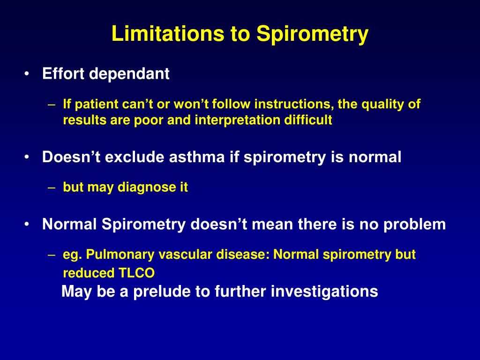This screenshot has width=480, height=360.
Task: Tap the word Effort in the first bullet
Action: (64, 74)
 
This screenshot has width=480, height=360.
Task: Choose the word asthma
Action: (197, 157)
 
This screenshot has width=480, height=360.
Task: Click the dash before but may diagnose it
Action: (52, 187)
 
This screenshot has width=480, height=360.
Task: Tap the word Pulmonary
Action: (120, 255)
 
